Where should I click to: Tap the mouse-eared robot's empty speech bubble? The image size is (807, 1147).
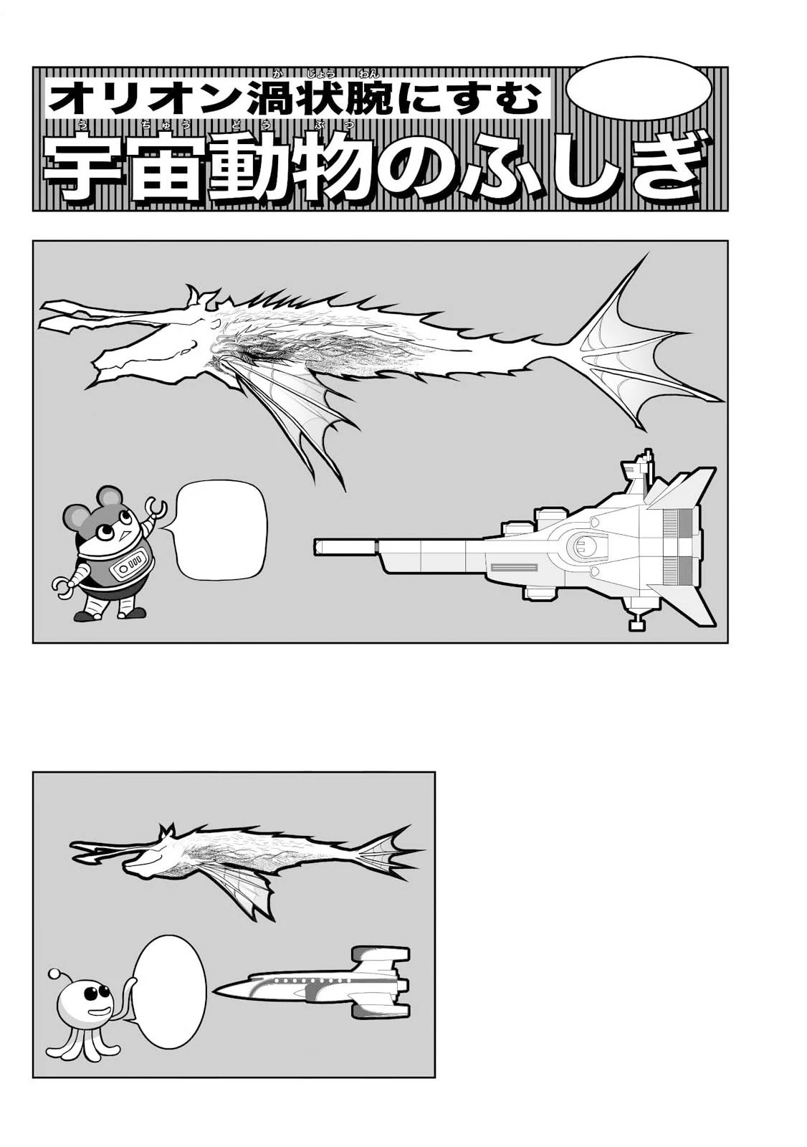click(x=221, y=530)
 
